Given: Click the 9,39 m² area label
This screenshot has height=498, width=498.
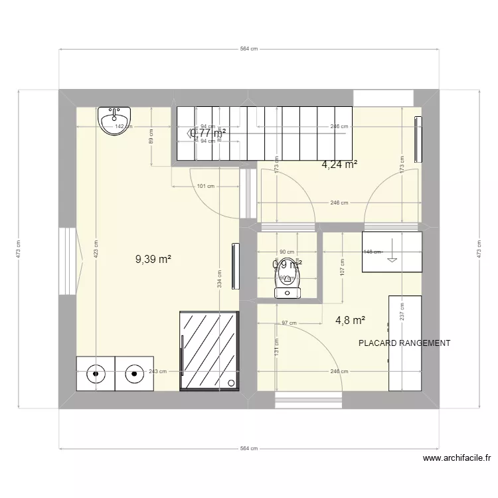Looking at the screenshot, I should (153, 260).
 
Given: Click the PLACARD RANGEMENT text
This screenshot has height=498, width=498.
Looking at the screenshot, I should (404, 343).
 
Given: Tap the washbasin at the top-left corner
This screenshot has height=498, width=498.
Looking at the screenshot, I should (114, 121).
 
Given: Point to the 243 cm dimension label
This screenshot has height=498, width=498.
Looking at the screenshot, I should (157, 372).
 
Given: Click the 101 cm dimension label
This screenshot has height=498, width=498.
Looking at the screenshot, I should (206, 186).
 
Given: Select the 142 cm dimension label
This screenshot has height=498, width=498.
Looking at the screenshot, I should (120, 126).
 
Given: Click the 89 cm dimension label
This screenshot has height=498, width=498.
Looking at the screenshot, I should (151, 137).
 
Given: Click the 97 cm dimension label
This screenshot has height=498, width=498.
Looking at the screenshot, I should (289, 323).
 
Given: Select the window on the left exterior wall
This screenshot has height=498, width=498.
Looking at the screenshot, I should (68, 261).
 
